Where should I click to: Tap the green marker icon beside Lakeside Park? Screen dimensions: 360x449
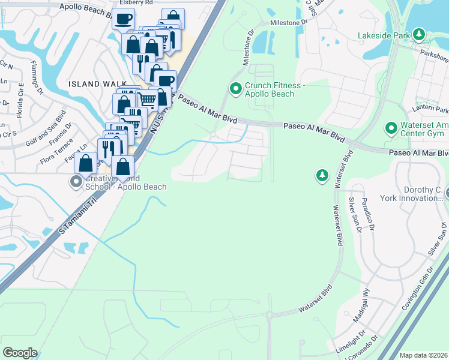pyautogui.click(x=419, y=35)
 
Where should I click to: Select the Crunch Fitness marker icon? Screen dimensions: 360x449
pyautogui.click(x=236, y=89)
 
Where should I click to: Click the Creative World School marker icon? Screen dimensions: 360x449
pyautogui.click(x=76, y=181)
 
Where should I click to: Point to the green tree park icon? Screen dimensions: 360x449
pyautogui.click(x=322, y=175)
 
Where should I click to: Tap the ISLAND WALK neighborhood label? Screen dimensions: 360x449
pyautogui.click(x=97, y=85)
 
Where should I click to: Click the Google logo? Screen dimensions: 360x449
pyautogui.click(x=20, y=353)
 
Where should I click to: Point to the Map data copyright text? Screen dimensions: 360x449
pyautogui.click(x=423, y=355)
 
